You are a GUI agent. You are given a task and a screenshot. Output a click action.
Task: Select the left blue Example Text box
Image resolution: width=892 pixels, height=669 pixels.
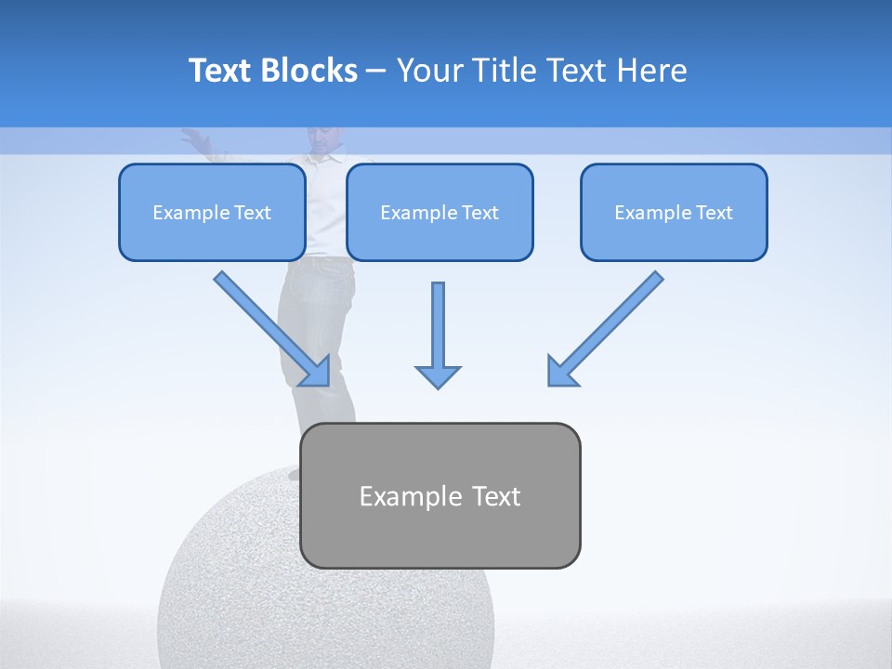click(212, 213)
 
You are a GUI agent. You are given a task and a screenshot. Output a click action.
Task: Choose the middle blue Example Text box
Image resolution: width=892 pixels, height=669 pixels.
click(439, 213)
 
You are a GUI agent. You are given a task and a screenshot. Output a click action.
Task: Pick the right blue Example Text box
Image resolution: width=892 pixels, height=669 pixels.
click(674, 213)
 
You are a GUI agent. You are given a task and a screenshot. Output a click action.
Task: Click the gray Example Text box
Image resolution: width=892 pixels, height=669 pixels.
click(439, 495)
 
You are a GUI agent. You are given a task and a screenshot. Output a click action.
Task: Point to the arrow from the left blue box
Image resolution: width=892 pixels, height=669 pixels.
click(269, 325)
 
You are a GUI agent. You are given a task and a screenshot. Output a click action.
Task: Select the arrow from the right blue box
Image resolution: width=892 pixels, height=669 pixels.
click(609, 325)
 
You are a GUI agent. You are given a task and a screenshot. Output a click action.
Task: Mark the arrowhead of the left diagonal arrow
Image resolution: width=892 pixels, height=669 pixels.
click(316, 372)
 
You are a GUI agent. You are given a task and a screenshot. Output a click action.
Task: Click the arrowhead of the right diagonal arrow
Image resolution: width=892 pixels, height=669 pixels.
click(561, 372)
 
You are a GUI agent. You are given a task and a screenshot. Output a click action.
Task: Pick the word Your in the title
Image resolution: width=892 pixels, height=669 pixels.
click(428, 71)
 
